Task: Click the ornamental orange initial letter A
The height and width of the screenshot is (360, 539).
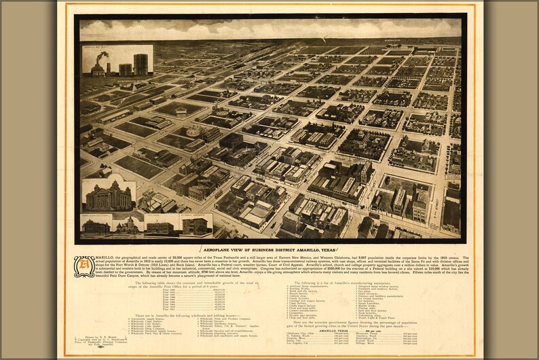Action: (x=84, y=266)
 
